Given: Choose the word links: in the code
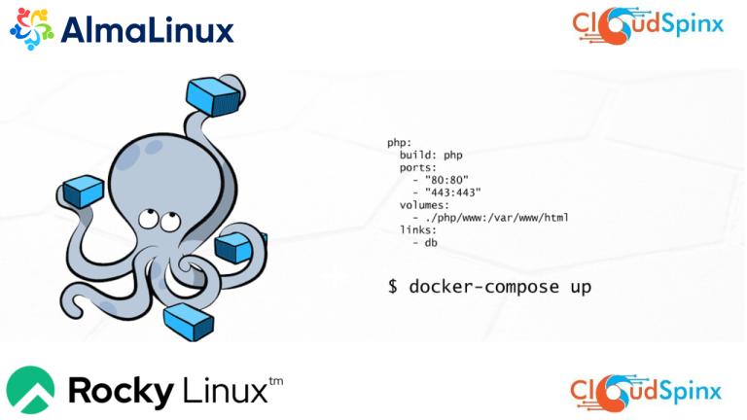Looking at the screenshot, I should point(419,230).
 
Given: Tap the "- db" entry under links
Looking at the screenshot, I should point(425,243).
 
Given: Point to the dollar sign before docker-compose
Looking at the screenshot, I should point(393,288).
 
